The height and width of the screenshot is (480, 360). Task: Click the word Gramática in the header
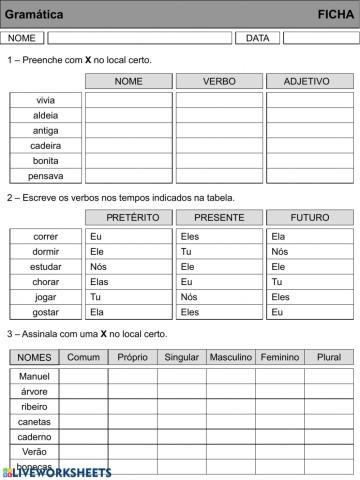[x=34, y=14]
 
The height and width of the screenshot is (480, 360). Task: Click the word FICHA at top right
[x=335, y=14]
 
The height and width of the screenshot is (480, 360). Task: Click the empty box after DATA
[x=320, y=38]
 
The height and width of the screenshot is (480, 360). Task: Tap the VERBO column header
[x=219, y=80]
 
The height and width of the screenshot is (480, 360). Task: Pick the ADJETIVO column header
[x=306, y=80]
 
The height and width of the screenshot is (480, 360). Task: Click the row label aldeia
[x=45, y=115]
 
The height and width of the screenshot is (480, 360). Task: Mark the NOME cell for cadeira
[x=128, y=145]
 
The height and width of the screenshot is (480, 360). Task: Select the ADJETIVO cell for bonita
[x=306, y=160]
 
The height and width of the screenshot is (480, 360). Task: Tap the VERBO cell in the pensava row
[x=219, y=175]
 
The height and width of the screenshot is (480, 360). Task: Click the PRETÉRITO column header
[x=128, y=217]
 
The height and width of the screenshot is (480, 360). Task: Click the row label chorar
[x=45, y=282]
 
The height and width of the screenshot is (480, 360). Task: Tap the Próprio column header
[x=132, y=357]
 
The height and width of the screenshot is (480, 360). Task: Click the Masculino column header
[x=230, y=357]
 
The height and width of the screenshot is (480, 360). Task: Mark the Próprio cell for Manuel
[x=132, y=376]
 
